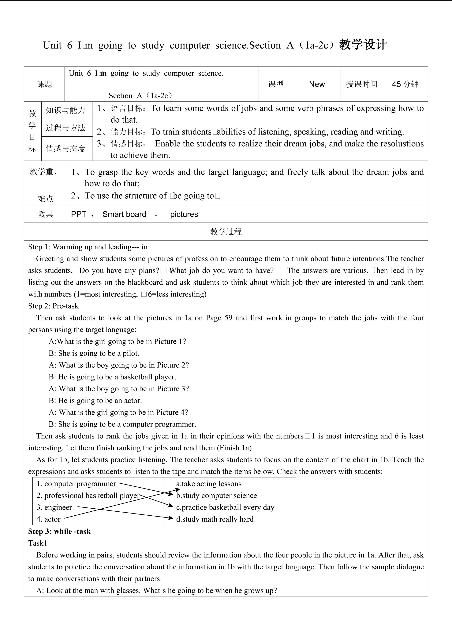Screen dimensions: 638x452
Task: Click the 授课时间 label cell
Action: (362, 84)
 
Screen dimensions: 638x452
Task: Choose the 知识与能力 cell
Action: (65, 110)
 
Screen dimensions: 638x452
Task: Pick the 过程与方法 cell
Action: (65, 128)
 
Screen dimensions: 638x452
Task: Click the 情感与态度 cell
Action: (65, 149)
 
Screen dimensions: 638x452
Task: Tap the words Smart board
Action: (124, 214)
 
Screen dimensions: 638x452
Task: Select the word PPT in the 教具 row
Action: (78, 214)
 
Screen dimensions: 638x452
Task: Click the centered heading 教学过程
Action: (226, 232)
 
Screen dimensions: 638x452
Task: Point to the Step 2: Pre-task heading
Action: (53, 306)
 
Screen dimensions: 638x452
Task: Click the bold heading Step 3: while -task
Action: (59, 531)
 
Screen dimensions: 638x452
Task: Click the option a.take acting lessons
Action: (209, 484)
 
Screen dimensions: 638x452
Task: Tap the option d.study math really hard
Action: (215, 519)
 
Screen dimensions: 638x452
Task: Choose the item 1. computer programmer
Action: (76, 484)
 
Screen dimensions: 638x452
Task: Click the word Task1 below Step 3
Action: (38, 543)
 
